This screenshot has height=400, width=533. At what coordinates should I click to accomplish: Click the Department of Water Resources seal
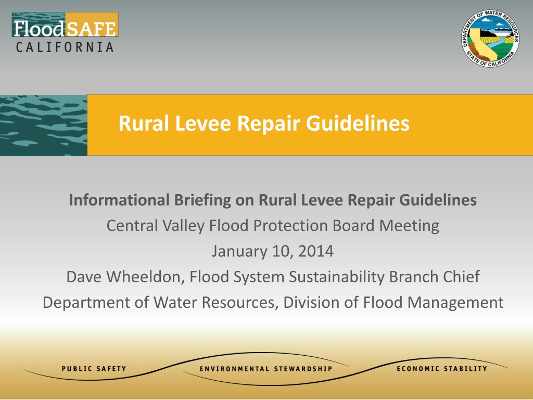(x=490, y=38)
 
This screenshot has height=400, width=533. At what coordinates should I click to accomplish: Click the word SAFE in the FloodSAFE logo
(x=91, y=29)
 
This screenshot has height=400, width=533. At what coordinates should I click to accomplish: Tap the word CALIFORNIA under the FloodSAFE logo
(x=65, y=47)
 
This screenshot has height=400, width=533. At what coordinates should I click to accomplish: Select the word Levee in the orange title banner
(x=203, y=123)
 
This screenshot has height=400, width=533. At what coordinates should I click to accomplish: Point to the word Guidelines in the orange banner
(x=358, y=123)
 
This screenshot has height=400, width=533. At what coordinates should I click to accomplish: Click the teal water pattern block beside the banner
(x=44, y=125)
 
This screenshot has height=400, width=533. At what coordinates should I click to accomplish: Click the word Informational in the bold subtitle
(x=119, y=200)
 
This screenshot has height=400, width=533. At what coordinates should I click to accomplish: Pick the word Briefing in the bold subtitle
(x=202, y=201)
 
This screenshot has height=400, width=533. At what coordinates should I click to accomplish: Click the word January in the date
(x=239, y=252)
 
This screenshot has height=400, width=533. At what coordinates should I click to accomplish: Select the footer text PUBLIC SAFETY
(x=94, y=369)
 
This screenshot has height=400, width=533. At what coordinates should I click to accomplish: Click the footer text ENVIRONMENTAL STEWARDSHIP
(x=266, y=369)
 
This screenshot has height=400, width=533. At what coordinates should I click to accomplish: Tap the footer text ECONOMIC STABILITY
(x=442, y=369)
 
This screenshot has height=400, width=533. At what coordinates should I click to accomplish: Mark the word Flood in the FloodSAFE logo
(x=39, y=29)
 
